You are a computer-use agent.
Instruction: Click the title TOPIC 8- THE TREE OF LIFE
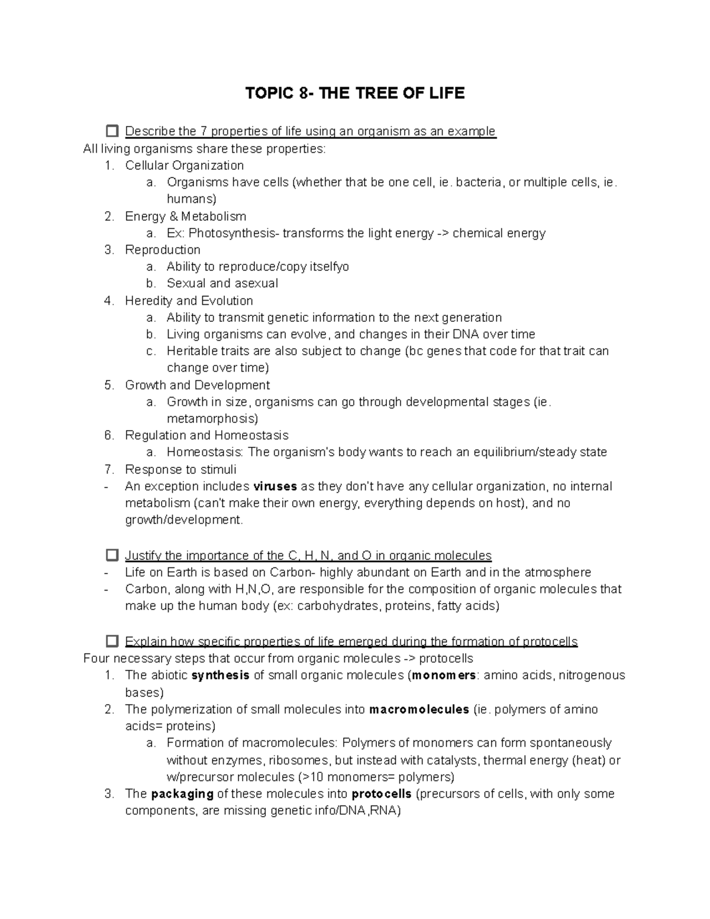point(355,93)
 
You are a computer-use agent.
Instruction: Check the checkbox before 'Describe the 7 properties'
point(112,131)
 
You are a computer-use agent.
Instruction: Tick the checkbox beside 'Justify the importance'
point(112,555)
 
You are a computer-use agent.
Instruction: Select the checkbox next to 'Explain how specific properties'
point(112,641)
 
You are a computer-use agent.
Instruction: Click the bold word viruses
point(275,486)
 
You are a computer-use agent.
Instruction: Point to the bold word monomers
point(444,675)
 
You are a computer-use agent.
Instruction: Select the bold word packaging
point(182,794)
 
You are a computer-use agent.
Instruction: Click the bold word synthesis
point(221,675)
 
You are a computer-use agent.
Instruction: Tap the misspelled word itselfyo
point(329,267)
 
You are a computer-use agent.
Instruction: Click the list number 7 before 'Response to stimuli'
point(108,469)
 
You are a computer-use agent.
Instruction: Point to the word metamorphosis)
point(212,419)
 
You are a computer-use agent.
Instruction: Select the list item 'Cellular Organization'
point(184,165)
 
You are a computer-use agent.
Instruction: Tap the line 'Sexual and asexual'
point(222,283)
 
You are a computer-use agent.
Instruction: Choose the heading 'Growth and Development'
point(197,385)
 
